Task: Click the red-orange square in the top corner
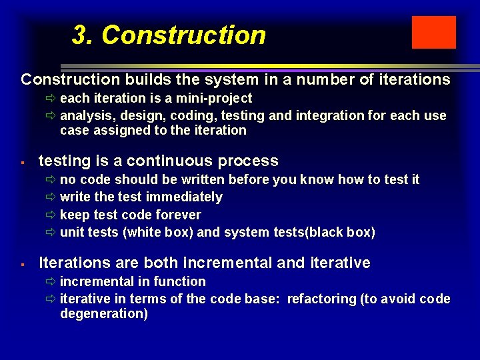(433, 33)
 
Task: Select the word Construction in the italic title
(183, 35)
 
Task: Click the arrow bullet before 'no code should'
(51, 179)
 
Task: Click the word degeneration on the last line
(103, 314)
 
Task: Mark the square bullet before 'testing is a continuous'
(23, 162)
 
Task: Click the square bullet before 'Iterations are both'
(23, 264)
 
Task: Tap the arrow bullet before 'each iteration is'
(51, 99)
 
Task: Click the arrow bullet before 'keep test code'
(51, 215)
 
